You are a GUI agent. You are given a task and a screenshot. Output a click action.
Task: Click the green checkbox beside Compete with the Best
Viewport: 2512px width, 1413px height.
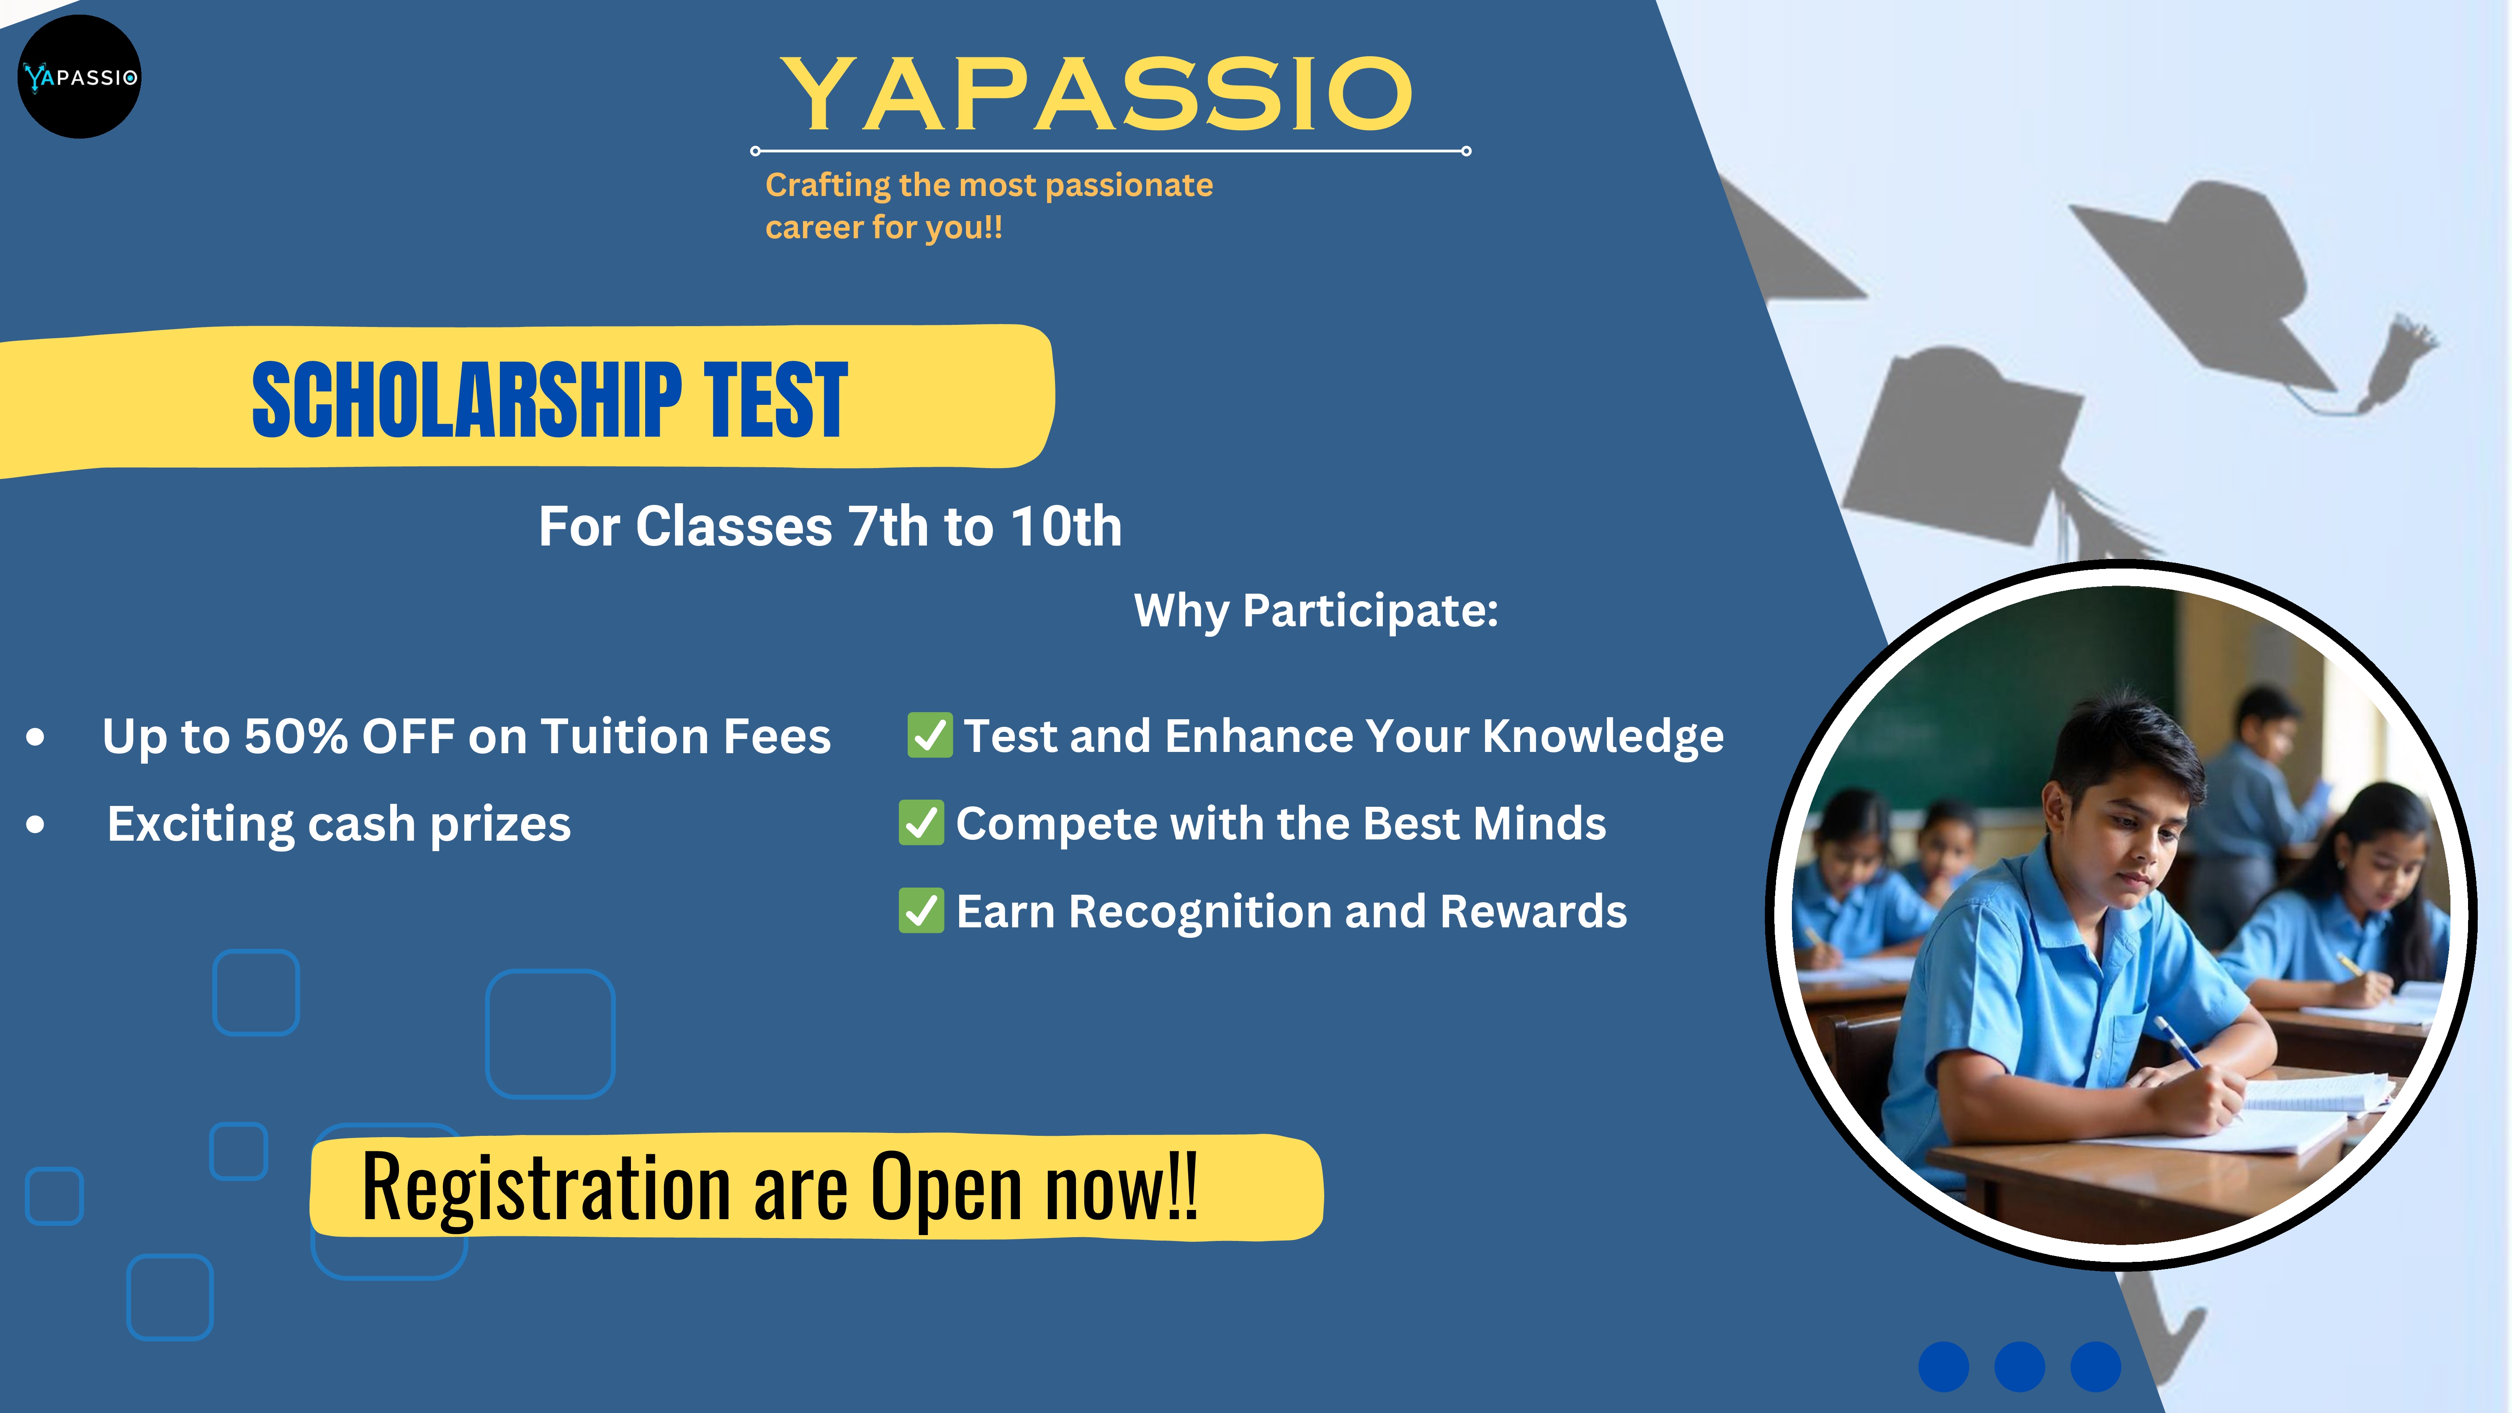(921, 823)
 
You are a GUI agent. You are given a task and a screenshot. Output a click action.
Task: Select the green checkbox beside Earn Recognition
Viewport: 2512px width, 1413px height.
(921, 911)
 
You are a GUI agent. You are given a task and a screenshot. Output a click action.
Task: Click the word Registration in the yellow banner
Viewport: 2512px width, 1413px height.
(546, 1188)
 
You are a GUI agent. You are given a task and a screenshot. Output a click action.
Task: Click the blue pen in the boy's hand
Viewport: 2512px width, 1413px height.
(2177, 1042)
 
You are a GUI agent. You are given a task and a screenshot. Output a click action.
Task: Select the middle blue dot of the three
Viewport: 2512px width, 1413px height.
(2020, 1366)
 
